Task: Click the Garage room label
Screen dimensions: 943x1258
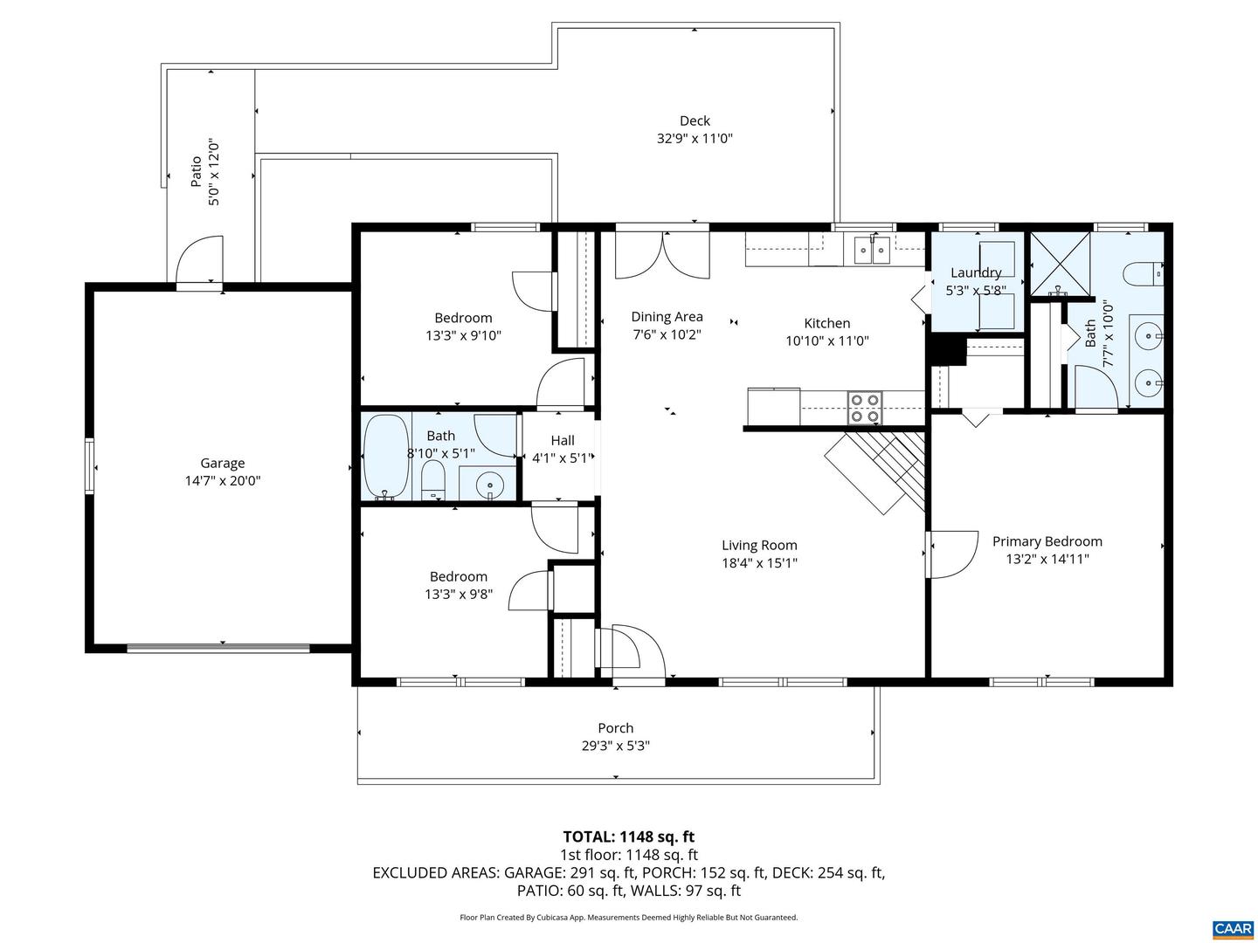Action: click(x=222, y=463)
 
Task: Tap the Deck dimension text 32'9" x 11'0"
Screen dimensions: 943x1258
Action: click(x=695, y=138)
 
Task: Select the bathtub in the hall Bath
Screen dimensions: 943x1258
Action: click(x=385, y=456)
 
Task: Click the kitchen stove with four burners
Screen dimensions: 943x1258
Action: click(x=865, y=408)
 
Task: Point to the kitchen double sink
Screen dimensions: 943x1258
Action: click(x=871, y=250)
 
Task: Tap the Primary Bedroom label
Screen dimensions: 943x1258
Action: click(x=1047, y=541)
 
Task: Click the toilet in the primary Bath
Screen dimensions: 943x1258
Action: click(x=1144, y=274)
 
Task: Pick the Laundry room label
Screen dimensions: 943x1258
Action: click(x=976, y=272)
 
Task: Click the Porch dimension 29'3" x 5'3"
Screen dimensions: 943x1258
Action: click(x=616, y=746)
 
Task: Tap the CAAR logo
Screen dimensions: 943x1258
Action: click(x=1233, y=927)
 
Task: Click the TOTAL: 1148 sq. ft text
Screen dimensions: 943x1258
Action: click(x=628, y=837)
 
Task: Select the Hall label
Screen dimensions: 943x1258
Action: click(x=562, y=440)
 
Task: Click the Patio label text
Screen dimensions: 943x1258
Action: click(x=197, y=171)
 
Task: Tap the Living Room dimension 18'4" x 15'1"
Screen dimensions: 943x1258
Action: click(x=759, y=563)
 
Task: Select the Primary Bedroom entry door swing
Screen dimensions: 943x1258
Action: click(x=952, y=554)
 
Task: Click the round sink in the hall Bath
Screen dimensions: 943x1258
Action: click(x=489, y=485)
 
